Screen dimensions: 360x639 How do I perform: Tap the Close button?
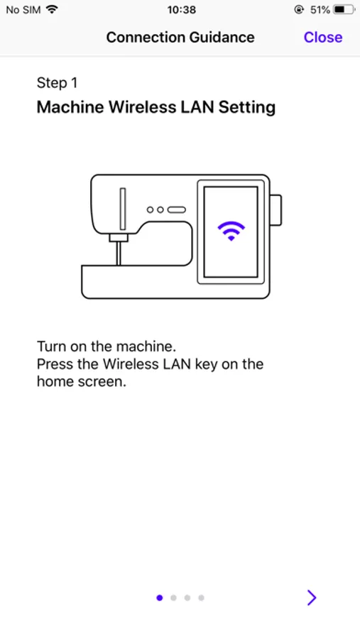323,37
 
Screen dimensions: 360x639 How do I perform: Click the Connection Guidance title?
180,37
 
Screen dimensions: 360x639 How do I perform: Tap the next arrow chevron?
312,597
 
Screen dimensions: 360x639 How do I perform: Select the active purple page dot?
160,598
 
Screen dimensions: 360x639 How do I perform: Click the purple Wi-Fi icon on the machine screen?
231,231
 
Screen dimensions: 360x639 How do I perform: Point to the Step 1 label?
57,83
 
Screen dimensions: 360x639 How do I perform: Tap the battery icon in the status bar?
344,10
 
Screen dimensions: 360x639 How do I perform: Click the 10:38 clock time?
182,10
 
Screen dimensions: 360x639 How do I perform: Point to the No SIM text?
23,10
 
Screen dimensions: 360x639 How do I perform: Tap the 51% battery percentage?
320,10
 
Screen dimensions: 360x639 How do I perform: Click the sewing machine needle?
119,253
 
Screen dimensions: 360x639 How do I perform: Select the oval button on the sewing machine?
177,209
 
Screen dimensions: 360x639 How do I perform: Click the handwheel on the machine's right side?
276,210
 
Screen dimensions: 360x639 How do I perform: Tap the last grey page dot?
201,598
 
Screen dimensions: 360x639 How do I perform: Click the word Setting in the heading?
247,108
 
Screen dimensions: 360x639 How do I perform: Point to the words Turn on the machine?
107,346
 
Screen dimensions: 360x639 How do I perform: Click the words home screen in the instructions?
82,381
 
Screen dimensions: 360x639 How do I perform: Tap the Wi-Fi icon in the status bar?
52,9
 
